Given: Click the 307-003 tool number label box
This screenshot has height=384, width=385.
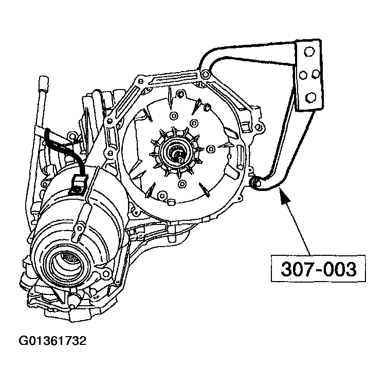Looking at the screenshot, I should pos(314,270).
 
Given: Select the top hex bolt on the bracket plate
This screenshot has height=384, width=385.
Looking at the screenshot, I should pos(309,52).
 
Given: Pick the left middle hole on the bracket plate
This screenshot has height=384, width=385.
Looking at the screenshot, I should pos(303,75).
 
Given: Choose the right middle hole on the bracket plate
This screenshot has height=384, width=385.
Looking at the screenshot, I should pos(317,74).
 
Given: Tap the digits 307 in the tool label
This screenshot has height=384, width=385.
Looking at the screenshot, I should pos(292,270).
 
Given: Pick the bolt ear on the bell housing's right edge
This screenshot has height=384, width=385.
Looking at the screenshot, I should pos(258,114).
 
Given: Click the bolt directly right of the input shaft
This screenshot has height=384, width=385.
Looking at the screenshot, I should pos(210,149).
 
